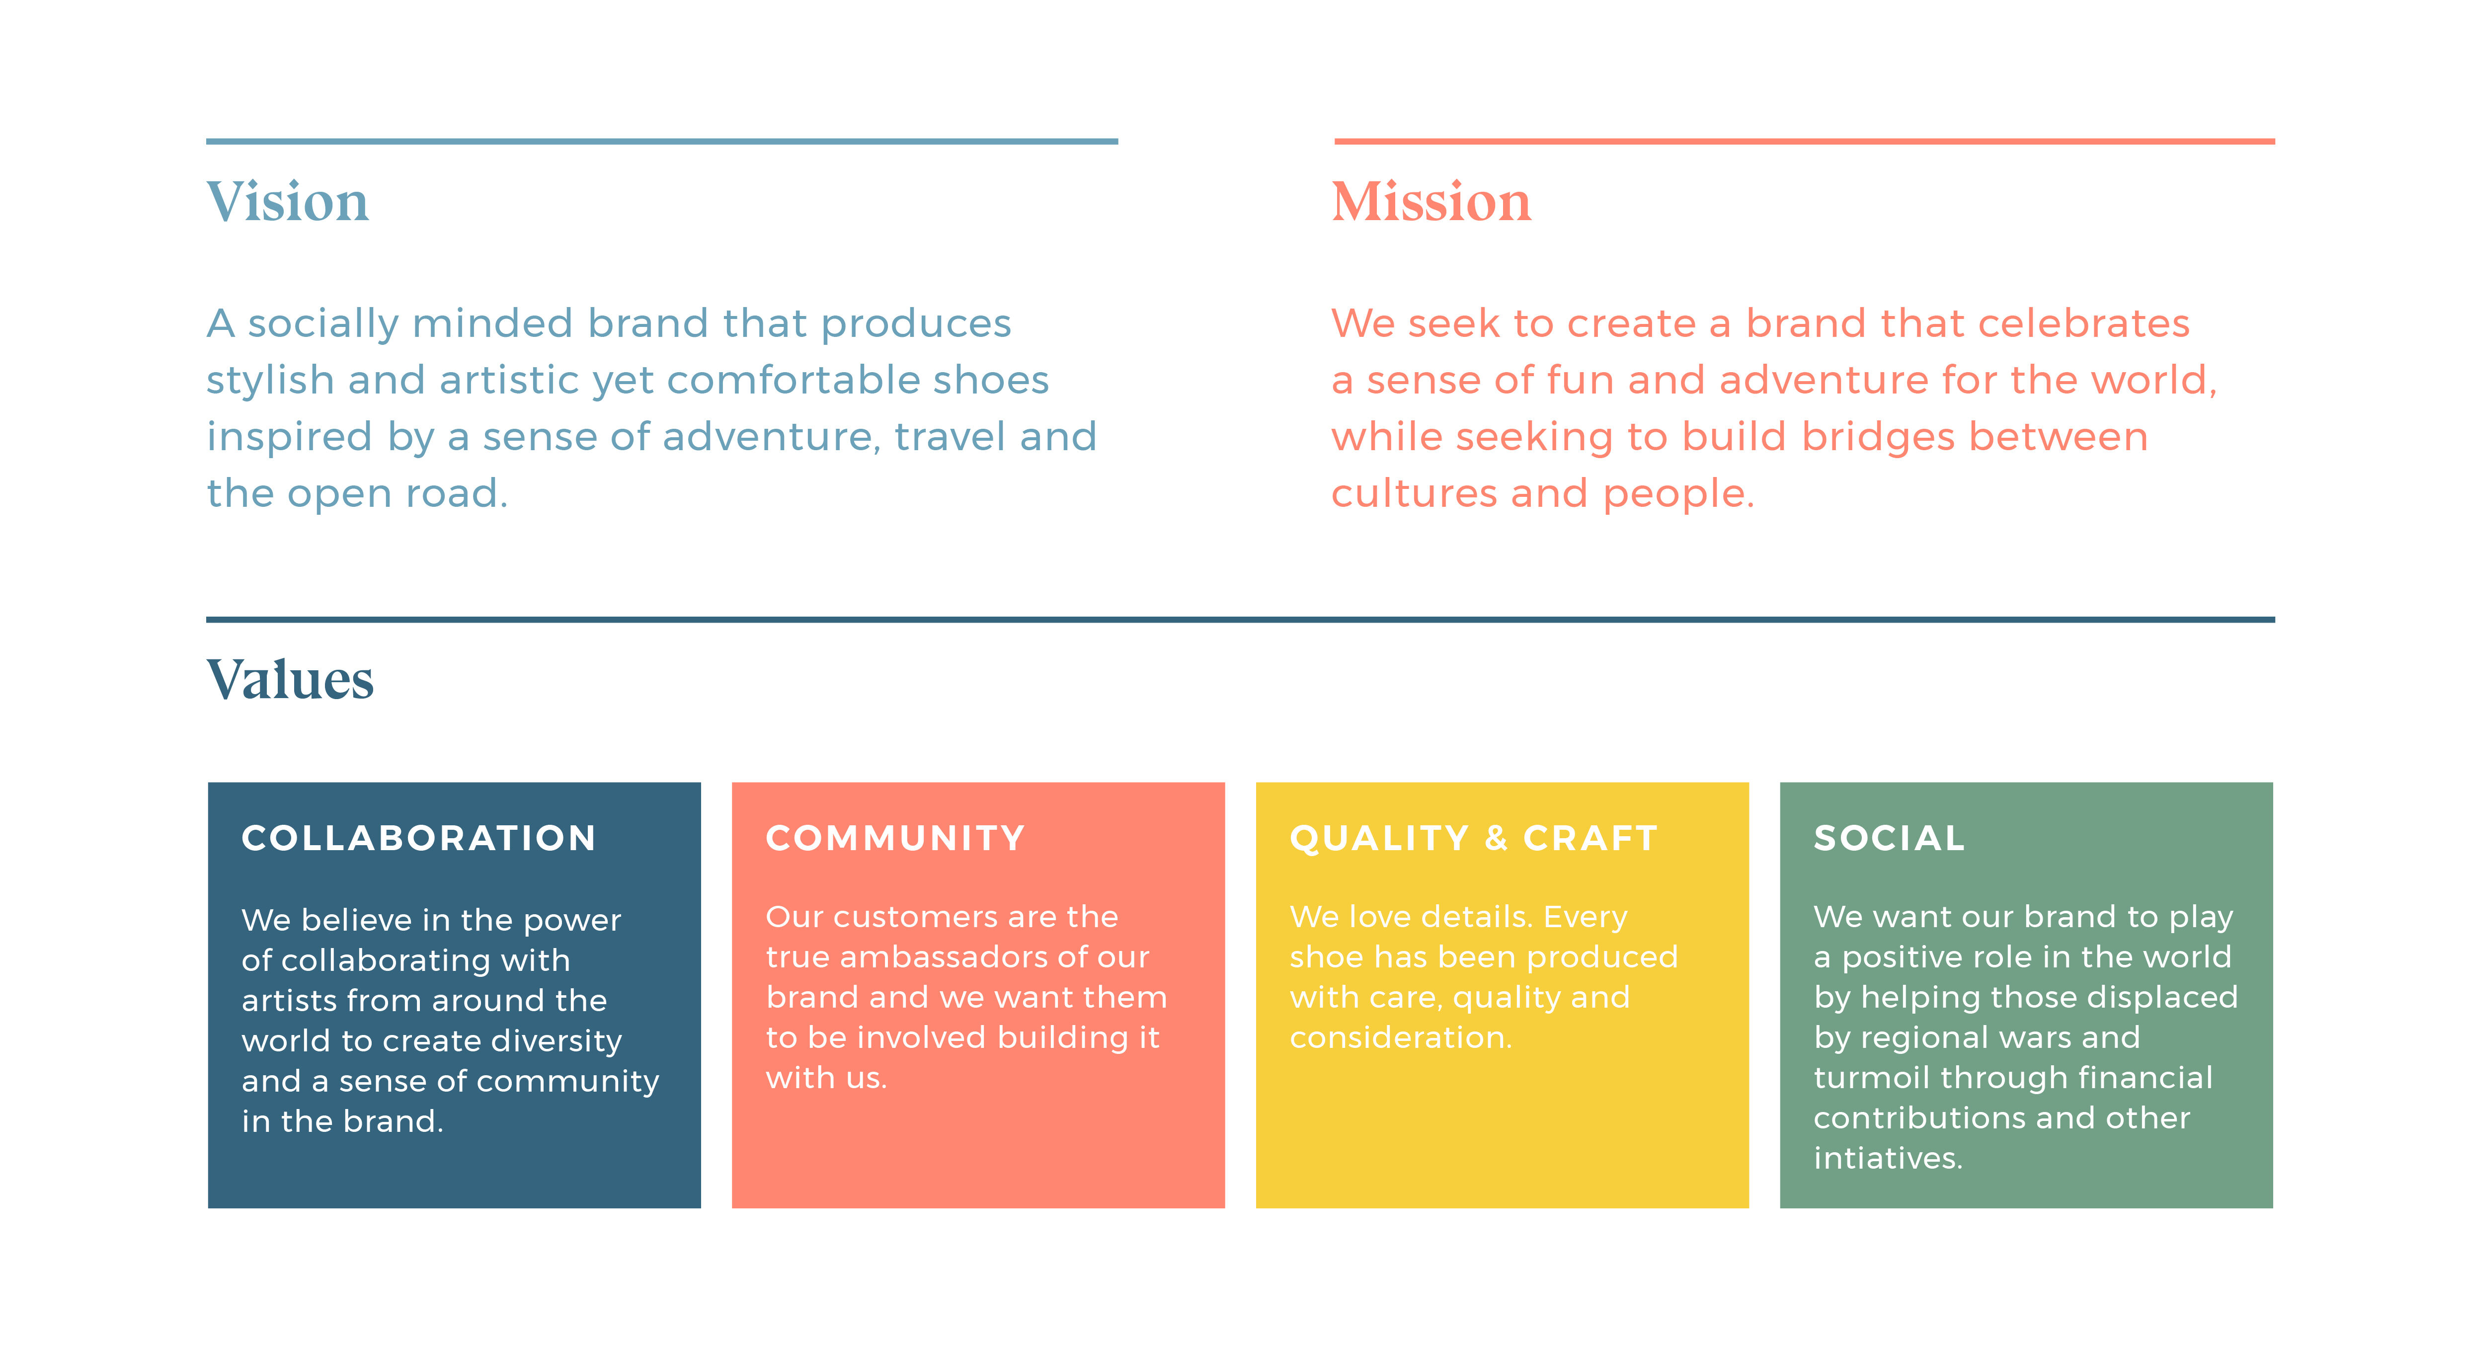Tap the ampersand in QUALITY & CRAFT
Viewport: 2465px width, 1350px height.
pos(1496,838)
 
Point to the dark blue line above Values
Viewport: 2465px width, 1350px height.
pos(1240,619)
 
